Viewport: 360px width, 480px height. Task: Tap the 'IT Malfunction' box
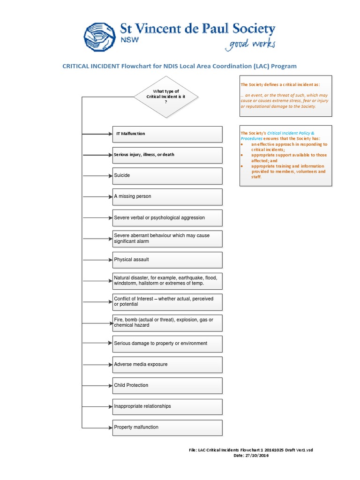pyautogui.click(x=167, y=134)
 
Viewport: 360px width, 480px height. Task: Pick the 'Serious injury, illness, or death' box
pyautogui.click(x=167, y=155)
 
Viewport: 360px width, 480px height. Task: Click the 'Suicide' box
pyautogui.click(x=167, y=175)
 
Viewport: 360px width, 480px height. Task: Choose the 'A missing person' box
pyautogui.click(x=167, y=197)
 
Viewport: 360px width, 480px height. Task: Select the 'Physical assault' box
pyautogui.click(x=167, y=260)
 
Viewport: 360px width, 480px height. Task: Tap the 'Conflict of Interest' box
pyautogui.click(x=167, y=301)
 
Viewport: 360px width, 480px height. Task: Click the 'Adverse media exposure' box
pyautogui.click(x=167, y=364)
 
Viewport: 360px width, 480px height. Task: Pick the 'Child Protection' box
pyautogui.click(x=167, y=385)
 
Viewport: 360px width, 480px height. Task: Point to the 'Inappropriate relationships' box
pyautogui.click(x=167, y=406)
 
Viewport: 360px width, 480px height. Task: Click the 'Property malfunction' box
pyautogui.click(x=167, y=427)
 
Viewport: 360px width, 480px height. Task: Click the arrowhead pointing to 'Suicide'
pyautogui.click(x=110, y=175)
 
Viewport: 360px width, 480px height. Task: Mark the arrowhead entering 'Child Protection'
pyautogui.click(x=110, y=385)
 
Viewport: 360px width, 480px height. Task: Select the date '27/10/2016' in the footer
pyautogui.click(x=258, y=456)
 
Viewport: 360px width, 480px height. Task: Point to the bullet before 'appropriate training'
pyautogui.click(x=242, y=166)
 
